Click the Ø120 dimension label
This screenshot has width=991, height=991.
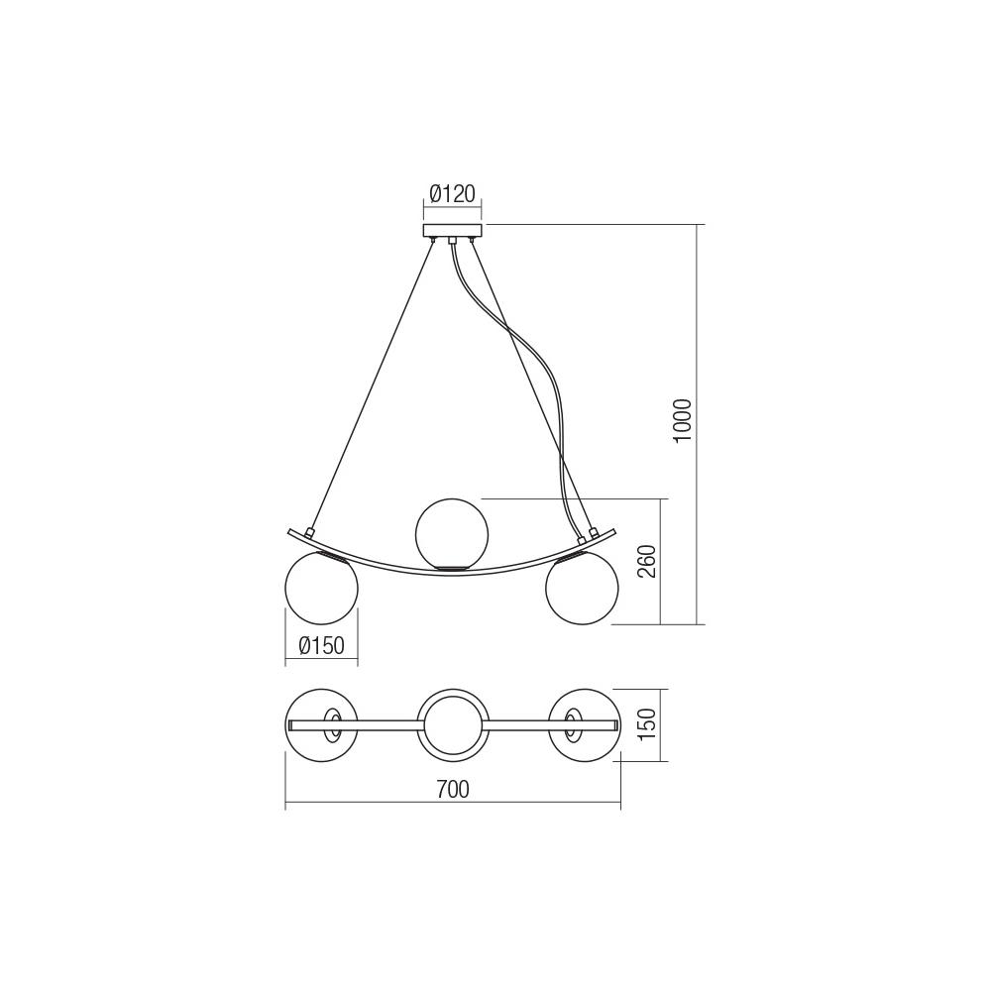(x=452, y=193)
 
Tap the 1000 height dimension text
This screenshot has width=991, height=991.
(x=683, y=420)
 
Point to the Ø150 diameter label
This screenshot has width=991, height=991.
(x=321, y=646)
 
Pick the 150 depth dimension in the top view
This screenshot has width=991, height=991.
(x=647, y=724)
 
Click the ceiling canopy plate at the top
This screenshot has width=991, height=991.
(x=452, y=231)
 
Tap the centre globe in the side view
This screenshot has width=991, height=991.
(x=452, y=533)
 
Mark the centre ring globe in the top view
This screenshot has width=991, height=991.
(x=452, y=724)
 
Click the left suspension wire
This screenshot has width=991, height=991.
(x=372, y=386)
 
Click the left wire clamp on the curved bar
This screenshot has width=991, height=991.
(x=310, y=533)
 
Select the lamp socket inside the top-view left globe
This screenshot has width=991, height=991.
(x=332, y=724)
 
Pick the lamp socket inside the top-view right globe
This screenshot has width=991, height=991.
(x=572, y=724)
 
